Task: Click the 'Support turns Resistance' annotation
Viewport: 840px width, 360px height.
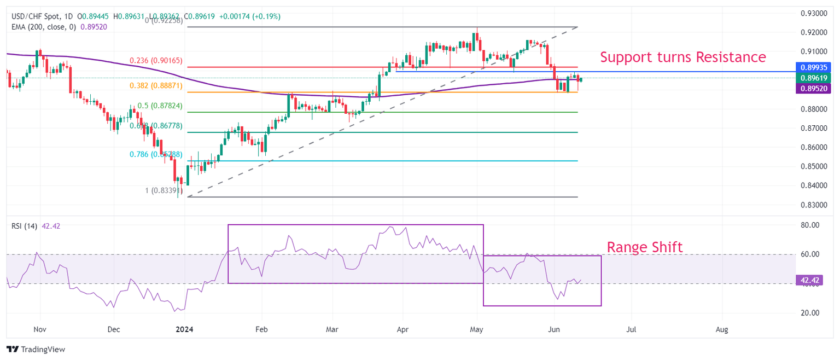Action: [x=683, y=57]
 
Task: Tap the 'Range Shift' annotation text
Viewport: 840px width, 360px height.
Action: [x=645, y=247]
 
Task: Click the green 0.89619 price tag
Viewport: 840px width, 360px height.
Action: [x=812, y=78]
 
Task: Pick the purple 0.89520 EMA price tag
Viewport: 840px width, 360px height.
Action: [x=812, y=88]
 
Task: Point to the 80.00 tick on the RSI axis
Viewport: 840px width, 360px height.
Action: [x=809, y=225]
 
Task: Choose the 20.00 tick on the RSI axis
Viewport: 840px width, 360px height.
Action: [x=809, y=313]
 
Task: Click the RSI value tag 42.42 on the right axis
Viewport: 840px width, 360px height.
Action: [x=809, y=281]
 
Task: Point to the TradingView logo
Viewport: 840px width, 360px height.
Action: [x=36, y=350]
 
